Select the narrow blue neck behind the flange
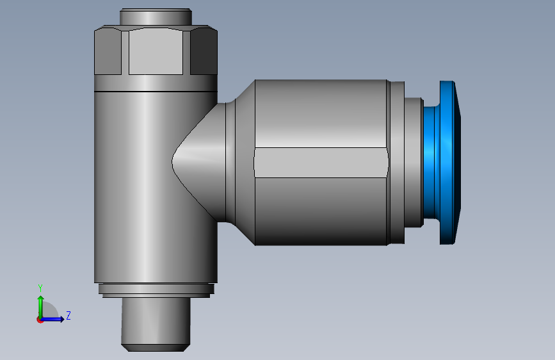point(430,163)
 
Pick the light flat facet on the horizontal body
point(320,162)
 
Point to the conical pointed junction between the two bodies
point(198,160)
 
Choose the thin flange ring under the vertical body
point(156,290)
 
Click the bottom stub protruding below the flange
point(156,320)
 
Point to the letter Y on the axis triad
point(40,288)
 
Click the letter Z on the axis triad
point(68,315)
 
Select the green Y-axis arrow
point(40,304)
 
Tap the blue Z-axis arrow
point(55,319)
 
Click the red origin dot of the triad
point(40,320)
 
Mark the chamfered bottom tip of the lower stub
point(156,347)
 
